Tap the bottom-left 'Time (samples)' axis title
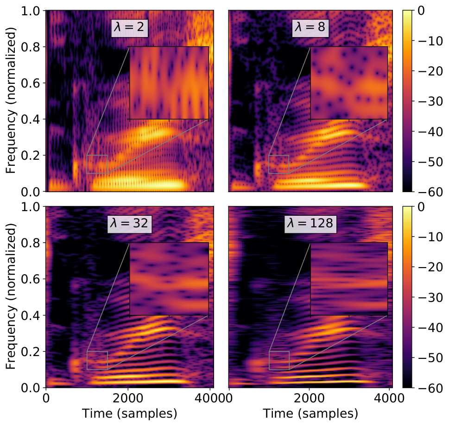pos(129,413)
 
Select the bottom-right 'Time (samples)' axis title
pos(310,413)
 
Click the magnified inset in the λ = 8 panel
pos(349,83)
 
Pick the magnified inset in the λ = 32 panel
pos(169,279)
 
